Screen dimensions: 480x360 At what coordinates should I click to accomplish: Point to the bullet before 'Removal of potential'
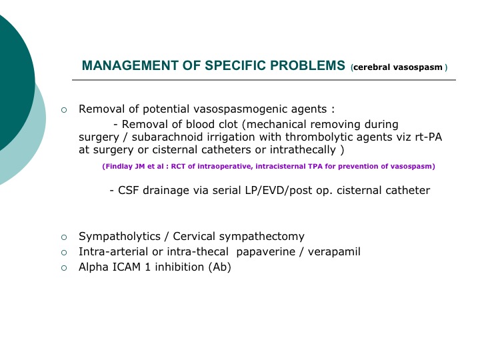[64, 110]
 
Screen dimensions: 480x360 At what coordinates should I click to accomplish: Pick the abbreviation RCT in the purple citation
[177, 167]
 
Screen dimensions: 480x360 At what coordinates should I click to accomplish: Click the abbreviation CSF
[129, 191]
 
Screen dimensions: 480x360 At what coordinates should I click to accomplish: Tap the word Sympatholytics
[119, 237]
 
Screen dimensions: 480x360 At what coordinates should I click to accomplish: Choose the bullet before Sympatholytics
[64, 237]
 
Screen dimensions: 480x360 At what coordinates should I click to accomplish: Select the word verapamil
[334, 252]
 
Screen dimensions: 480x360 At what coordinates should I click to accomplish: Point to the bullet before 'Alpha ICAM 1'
[64, 268]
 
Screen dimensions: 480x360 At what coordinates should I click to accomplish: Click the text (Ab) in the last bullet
[219, 267]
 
